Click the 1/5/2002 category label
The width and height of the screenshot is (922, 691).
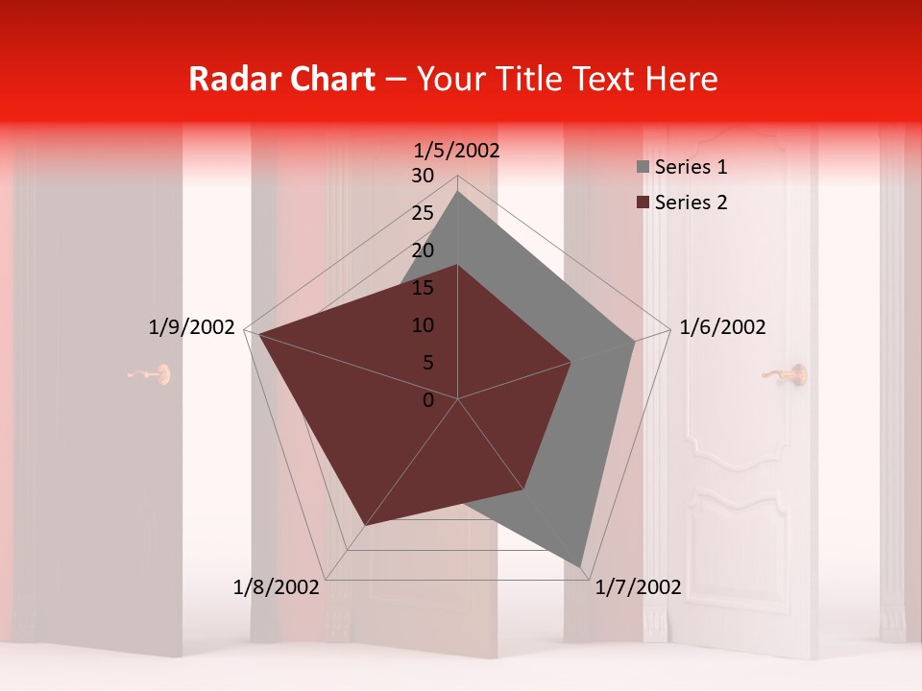pyautogui.click(x=457, y=151)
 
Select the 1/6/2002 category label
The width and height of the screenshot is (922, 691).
pyautogui.click(x=722, y=327)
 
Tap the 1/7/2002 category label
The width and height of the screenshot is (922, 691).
pyautogui.click(x=639, y=587)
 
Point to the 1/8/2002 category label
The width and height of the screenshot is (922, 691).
pyautogui.click(x=277, y=587)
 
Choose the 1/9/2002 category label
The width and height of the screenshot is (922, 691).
pyautogui.click(x=192, y=327)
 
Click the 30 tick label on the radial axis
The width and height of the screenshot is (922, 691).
pyautogui.click(x=423, y=176)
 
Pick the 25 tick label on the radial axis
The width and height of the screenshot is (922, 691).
pyautogui.click(x=423, y=213)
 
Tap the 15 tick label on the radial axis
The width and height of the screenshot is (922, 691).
pyautogui.click(x=423, y=288)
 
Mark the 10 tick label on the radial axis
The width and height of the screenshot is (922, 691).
pyautogui.click(x=423, y=325)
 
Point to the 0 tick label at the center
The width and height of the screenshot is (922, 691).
pyautogui.click(x=428, y=400)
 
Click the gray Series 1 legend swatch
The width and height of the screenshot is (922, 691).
pyautogui.click(x=643, y=167)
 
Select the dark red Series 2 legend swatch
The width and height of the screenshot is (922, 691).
pyautogui.click(x=643, y=203)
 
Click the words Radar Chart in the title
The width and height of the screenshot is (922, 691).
pyautogui.click(x=281, y=79)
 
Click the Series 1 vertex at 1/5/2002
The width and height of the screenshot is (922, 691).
pyautogui.click(x=457, y=191)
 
